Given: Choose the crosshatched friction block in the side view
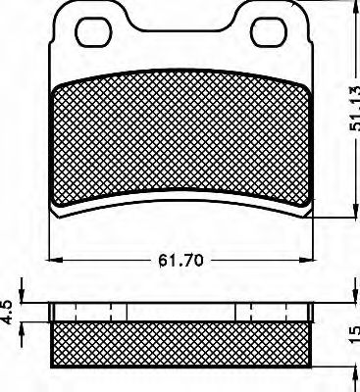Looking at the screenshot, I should [x=180, y=344].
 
